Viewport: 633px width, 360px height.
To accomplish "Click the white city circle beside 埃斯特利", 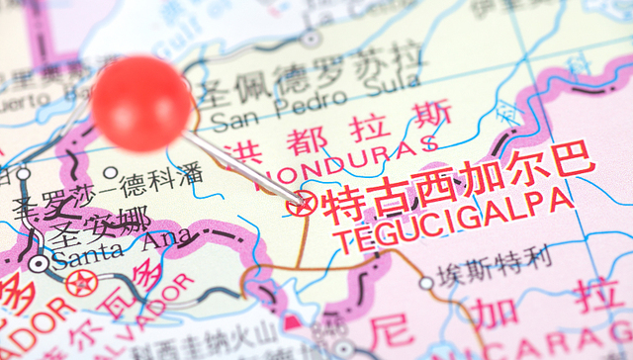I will click(426, 283).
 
